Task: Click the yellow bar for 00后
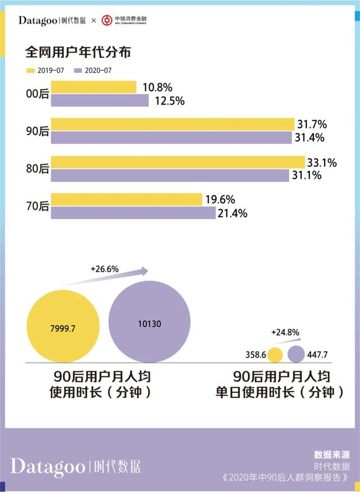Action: [x=93, y=87]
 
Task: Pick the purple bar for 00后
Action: [x=100, y=101]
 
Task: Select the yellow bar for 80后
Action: [x=178, y=163]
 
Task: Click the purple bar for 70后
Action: [x=133, y=213]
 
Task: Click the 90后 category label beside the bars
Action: [x=38, y=131]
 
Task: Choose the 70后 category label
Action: [x=38, y=206]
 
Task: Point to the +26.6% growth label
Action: [x=105, y=269]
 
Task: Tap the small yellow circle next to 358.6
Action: [x=275, y=355]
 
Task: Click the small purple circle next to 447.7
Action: [x=296, y=354]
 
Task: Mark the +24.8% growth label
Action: [x=285, y=332]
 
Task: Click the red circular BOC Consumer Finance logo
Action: [x=106, y=21]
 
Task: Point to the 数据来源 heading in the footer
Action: [x=332, y=454]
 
